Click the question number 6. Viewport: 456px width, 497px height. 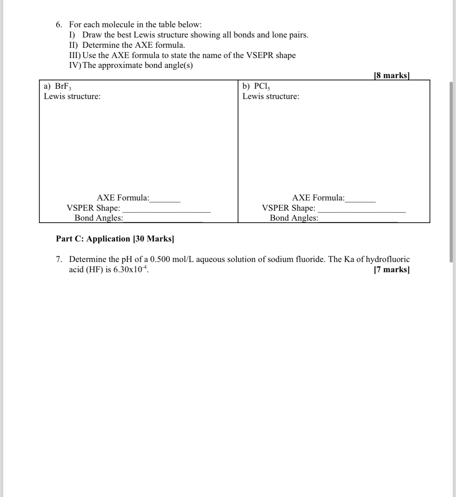[59, 25]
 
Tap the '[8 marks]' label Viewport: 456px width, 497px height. [391, 75]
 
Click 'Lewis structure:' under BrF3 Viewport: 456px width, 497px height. [72, 97]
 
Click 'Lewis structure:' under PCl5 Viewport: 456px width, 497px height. [271, 97]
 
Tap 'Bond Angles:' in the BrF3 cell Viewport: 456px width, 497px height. [99, 218]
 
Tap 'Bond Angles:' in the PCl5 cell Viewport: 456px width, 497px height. [294, 218]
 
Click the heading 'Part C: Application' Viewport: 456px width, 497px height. [93, 239]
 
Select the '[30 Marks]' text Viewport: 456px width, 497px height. [153, 239]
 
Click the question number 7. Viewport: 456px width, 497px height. [59, 259]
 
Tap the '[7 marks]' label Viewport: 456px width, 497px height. [392, 270]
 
